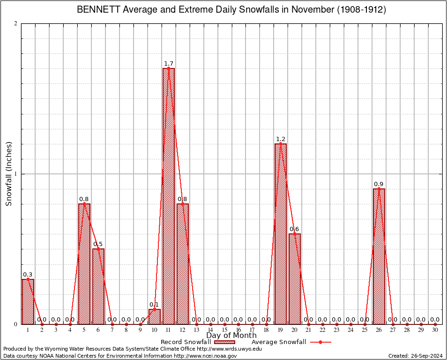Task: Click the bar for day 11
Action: [169, 197]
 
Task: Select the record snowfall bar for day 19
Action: [281, 234]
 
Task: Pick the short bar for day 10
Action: [155, 317]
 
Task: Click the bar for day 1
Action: [28, 302]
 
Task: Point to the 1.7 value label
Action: [169, 64]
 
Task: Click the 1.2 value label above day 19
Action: [281, 139]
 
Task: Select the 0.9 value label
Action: [379, 184]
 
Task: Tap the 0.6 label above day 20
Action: [294, 229]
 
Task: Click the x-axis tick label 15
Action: [224, 330]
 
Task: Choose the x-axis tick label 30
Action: [435, 330]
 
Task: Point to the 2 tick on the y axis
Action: [16, 24]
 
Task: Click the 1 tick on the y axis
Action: [16, 174]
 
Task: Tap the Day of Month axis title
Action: [231, 336]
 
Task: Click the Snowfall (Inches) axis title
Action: [9, 174]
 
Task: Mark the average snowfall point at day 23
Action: [336, 324]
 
